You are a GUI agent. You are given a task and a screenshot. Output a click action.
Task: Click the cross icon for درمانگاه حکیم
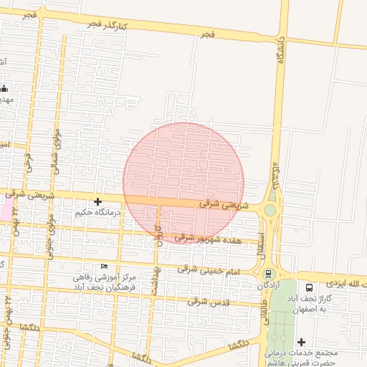click(x=97, y=202)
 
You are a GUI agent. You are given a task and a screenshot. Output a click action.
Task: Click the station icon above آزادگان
click(x=269, y=274)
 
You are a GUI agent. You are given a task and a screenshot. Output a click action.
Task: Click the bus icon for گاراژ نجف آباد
click(x=310, y=285)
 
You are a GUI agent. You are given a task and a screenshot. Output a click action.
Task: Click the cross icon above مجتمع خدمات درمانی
click(x=301, y=342)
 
